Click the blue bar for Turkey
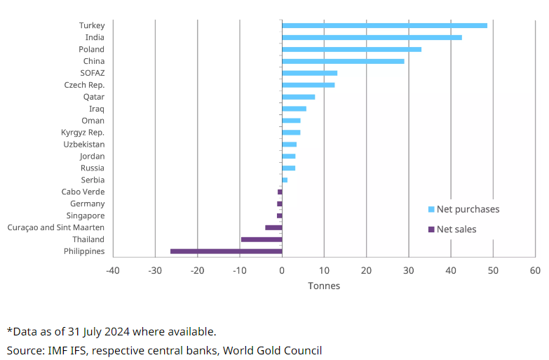coord(384,25)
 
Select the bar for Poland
coord(351,49)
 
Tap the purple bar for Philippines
coord(226,251)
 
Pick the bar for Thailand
coord(262,239)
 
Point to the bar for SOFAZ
coord(309,73)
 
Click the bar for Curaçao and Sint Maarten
coord(273,227)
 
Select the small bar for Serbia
coord(285,180)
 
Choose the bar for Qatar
coord(298,97)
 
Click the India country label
coord(95,37)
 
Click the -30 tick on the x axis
coord(155,270)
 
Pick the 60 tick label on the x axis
coord(535,270)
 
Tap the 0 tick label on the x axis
coord(282,270)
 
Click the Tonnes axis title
coord(324,286)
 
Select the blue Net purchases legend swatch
coord(431,209)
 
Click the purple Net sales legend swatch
coord(431,229)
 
